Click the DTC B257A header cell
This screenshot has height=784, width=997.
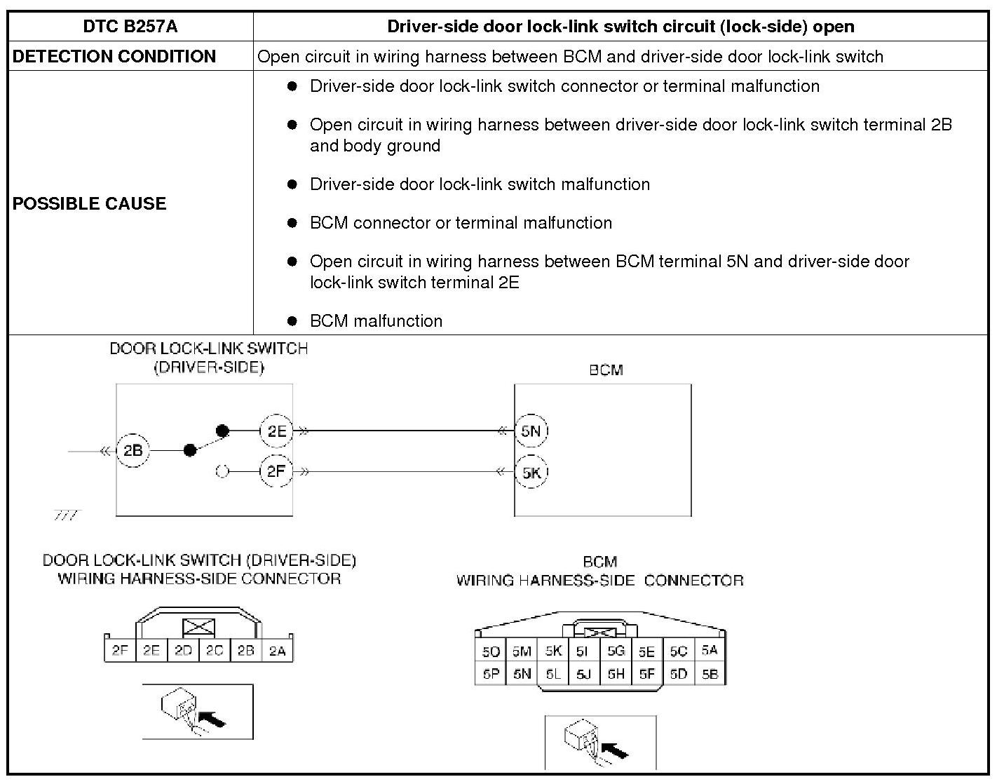[130, 27]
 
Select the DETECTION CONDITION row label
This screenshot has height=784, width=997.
[114, 56]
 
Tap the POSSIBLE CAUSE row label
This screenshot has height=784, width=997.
[90, 203]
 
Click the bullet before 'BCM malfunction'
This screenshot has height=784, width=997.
[292, 321]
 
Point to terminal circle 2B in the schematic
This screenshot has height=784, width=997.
[133, 450]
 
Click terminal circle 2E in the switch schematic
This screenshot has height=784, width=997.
[276, 431]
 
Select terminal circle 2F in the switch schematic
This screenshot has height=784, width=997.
[276, 471]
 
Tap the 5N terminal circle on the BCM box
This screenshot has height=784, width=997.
[531, 431]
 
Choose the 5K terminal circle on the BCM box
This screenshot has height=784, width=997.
[531, 472]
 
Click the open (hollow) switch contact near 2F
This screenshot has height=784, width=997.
[222, 471]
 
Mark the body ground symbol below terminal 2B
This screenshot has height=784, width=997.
[67, 515]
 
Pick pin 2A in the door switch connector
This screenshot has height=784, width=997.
[278, 651]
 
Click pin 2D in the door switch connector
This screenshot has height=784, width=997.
[183, 651]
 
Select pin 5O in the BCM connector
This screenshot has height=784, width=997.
[490, 651]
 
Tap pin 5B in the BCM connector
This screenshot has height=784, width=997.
[710, 675]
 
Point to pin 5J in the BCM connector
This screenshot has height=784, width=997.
[583, 675]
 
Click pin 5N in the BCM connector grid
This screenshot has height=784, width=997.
[522, 675]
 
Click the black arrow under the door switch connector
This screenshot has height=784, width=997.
[215, 719]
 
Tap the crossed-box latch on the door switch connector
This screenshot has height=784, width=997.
[198, 627]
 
